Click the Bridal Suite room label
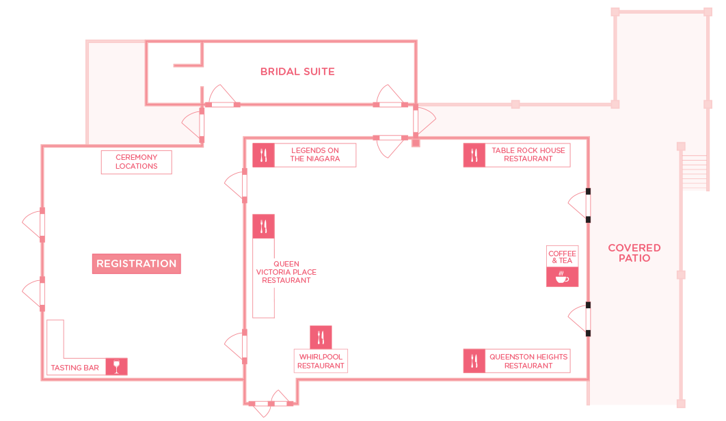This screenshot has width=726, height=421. pos(297,72)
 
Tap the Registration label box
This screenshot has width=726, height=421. pos(137,264)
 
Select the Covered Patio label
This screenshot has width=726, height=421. pos(634,253)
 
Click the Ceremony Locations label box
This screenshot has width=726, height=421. pos(137,162)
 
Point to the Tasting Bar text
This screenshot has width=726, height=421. pos(75,368)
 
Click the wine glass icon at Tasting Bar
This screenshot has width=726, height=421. pos(117,366)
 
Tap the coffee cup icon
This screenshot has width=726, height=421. pos(562,277)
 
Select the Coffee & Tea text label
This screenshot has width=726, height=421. pos(562,257)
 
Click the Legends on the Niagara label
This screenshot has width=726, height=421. pos(315,154)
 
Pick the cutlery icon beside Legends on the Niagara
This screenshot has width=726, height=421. pos(263,154)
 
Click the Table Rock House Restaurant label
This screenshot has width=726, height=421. pos(528,154)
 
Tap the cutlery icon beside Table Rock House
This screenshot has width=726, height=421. pos(474,154)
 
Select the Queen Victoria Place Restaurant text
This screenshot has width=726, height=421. pos(286,272)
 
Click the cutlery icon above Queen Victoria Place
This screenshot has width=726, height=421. pos(263,226)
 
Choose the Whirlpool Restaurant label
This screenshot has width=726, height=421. pos(321,361)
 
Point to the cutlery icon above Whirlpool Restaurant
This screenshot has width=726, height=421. pos(321,337)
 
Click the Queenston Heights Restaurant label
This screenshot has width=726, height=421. pos(528,361)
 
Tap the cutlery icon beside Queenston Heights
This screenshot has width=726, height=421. pos(474,361)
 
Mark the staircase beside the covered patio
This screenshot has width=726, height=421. pos(695,172)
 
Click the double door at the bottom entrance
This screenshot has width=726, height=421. pos(271,403)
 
